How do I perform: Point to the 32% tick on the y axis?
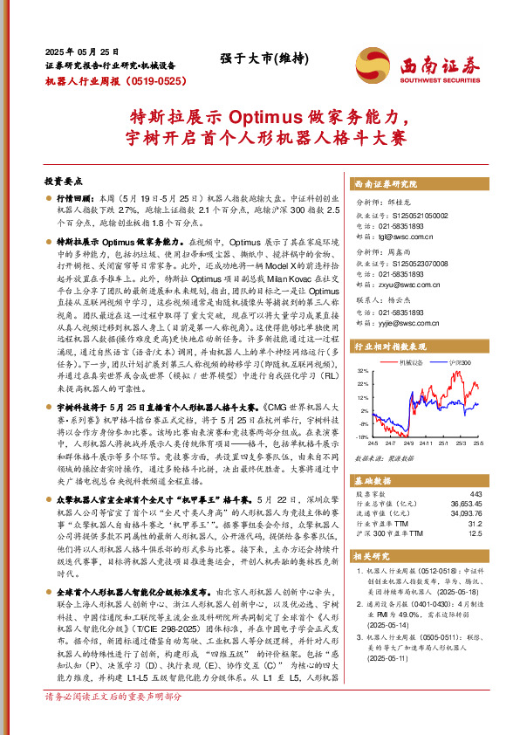pyautogui.click(x=362, y=372)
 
